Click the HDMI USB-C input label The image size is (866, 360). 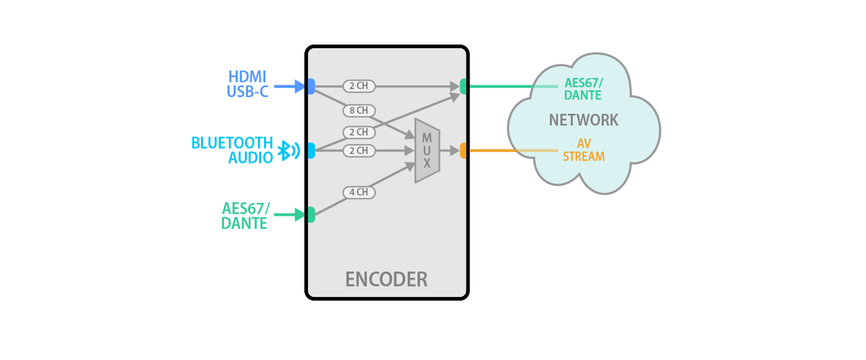[x=247, y=85]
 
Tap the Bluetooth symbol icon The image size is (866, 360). [x=287, y=150]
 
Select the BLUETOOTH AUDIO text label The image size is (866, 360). [x=233, y=150]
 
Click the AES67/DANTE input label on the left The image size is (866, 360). [x=245, y=216]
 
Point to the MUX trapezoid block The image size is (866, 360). [x=427, y=150]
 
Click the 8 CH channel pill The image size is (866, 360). [x=358, y=111]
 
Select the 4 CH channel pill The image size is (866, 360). [x=358, y=192]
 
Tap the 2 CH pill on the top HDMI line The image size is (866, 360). [x=358, y=86]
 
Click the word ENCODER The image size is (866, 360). [x=386, y=280]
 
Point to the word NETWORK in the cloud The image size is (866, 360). [x=583, y=120]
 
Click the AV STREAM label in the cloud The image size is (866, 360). [x=583, y=150]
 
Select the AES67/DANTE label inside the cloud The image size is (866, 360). [x=583, y=89]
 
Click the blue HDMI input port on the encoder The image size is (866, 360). [x=311, y=87]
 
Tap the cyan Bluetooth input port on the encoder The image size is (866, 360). [x=311, y=150]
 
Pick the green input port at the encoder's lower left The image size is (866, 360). [x=311, y=215]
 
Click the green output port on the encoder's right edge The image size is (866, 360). [x=463, y=87]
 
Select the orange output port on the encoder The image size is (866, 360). [x=463, y=150]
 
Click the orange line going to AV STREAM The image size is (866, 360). [x=507, y=150]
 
